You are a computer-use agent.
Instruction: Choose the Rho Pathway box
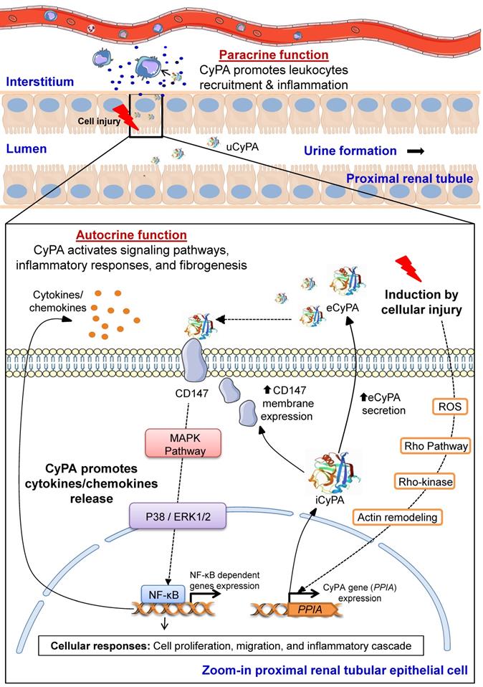point(436,446)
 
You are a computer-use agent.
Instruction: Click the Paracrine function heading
point(274,55)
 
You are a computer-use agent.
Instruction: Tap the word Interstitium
point(39,82)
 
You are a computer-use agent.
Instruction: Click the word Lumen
point(26,151)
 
